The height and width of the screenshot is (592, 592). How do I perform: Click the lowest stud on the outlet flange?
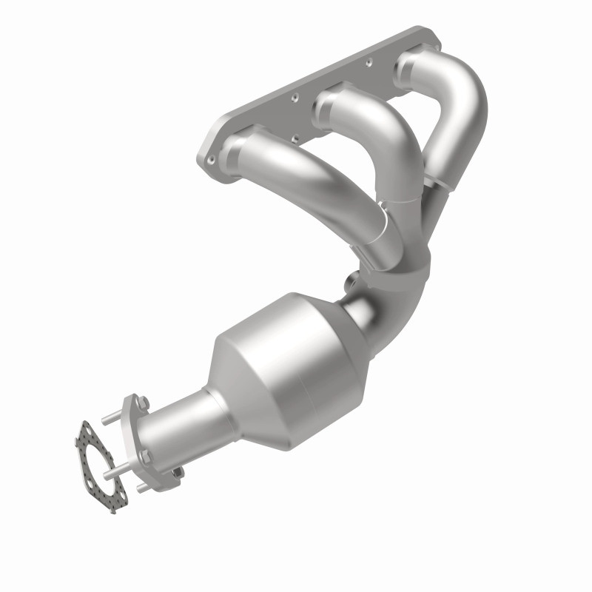(176, 471)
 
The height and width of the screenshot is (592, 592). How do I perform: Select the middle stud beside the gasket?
(111, 471)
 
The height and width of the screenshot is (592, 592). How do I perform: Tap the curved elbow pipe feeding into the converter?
(400, 289)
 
